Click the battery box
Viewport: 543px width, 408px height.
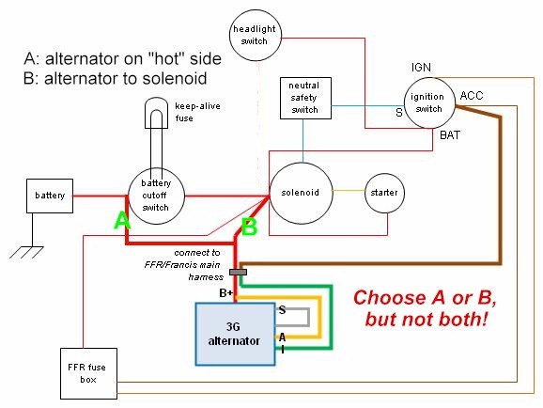[x=50, y=196]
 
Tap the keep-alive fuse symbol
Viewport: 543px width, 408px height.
[x=156, y=113]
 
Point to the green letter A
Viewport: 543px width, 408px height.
[x=122, y=221]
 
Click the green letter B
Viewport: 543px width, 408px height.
[x=249, y=228]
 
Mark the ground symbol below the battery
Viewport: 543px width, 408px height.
[x=26, y=252]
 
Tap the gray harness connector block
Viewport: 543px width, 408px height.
[x=239, y=272]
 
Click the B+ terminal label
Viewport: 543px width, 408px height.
[x=226, y=293]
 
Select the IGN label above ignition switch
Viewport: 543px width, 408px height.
[x=421, y=68]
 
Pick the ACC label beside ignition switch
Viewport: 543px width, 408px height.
[x=472, y=96]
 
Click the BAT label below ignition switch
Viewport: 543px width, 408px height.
[x=450, y=134]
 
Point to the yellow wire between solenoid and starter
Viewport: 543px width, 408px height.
[x=349, y=190]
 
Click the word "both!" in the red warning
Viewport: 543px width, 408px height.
[x=463, y=320]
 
